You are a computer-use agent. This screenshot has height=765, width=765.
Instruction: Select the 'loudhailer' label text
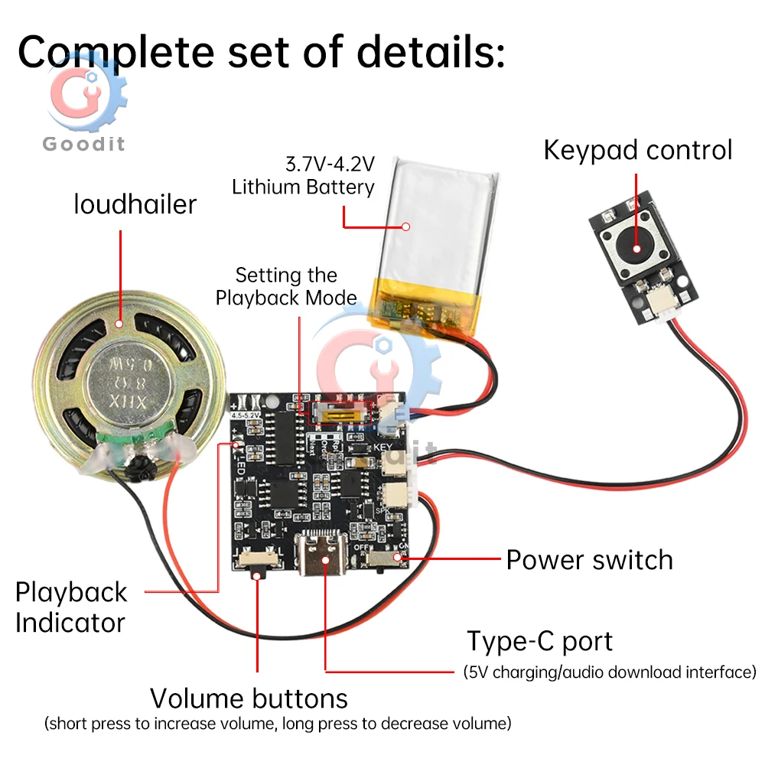(x=135, y=204)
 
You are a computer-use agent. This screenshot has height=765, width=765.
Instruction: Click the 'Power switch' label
(x=589, y=559)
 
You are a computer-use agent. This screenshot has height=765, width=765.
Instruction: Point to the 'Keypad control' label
(x=637, y=149)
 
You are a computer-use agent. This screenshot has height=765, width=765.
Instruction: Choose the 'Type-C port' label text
(x=540, y=641)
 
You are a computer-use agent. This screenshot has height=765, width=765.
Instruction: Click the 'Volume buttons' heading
(x=249, y=698)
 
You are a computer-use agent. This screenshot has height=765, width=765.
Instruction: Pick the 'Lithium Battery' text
(x=303, y=187)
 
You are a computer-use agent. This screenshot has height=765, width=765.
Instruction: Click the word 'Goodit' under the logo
(x=83, y=143)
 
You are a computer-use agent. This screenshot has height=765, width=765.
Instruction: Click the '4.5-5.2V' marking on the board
(x=244, y=415)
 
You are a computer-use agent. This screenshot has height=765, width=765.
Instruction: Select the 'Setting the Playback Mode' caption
(x=286, y=285)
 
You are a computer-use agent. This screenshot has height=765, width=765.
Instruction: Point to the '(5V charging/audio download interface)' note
(x=609, y=672)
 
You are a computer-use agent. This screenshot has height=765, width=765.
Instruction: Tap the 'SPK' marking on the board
(x=383, y=508)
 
